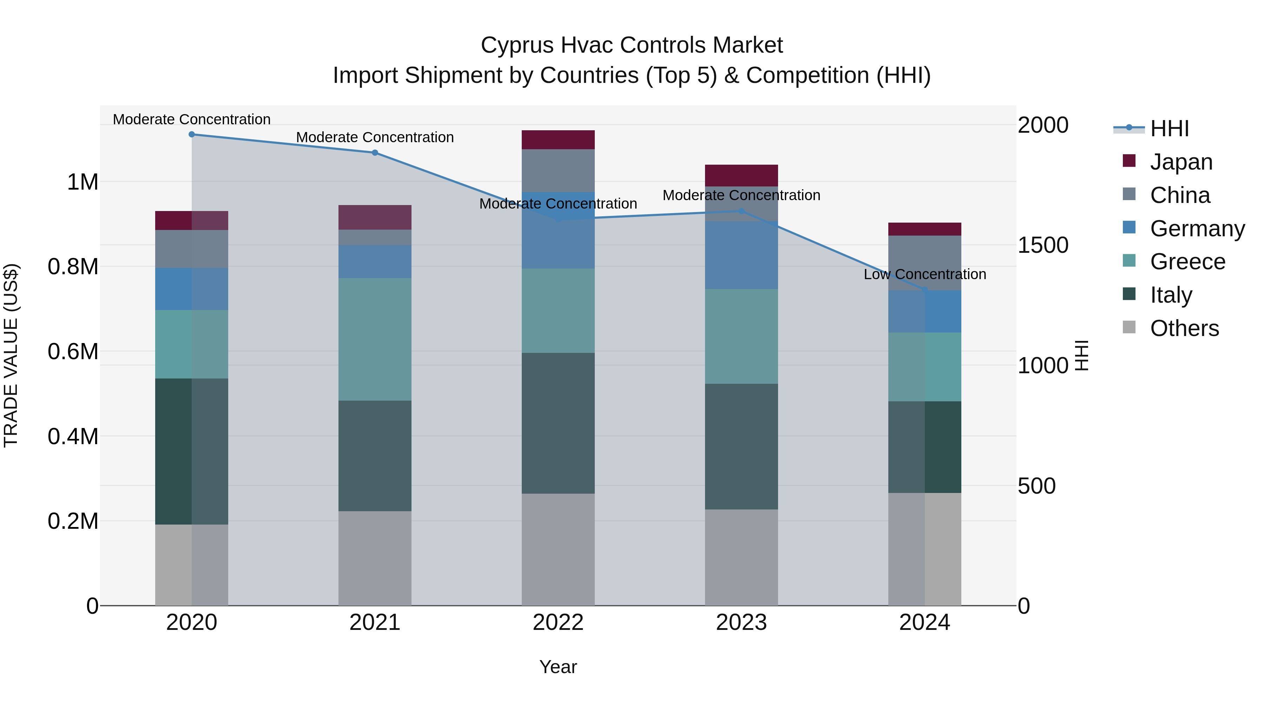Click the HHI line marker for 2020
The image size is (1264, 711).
pyautogui.click(x=192, y=134)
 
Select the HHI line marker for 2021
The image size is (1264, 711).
pyautogui.click(x=375, y=153)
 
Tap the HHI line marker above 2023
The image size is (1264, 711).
pyautogui.click(x=742, y=211)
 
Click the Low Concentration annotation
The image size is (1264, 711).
pyautogui.click(x=924, y=274)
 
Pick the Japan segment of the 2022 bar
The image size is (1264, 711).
pyautogui.click(x=558, y=140)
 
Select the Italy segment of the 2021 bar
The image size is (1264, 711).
pyautogui.click(x=375, y=456)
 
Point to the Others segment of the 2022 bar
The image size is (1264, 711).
pyautogui.click(x=558, y=549)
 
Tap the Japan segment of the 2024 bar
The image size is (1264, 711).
pyautogui.click(x=924, y=229)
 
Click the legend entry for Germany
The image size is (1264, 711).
pyautogui.click(x=1197, y=229)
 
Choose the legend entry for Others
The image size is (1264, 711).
pyautogui.click(x=1184, y=328)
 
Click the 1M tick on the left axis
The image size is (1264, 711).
pyautogui.click(x=83, y=182)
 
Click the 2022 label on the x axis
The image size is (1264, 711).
pyautogui.click(x=558, y=623)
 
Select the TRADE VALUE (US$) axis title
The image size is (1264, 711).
pyautogui.click(x=11, y=355)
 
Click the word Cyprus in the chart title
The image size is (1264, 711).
pyautogui.click(x=517, y=45)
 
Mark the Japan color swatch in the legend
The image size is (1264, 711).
pyautogui.click(x=1129, y=161)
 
